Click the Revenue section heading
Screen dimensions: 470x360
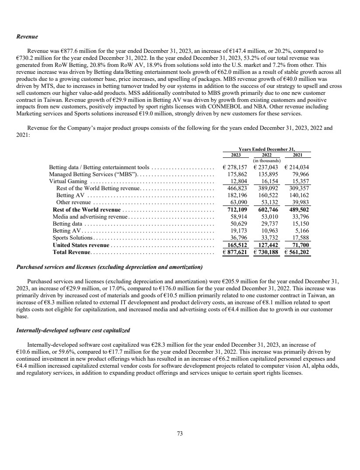pyautogui.click(x=27, y=37)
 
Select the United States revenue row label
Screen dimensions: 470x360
pyautogui.click(x=81, y=245)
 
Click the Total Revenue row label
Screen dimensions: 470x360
pyautogui.click(x=71, y=252)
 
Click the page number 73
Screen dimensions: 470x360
pyautogui.click(x=180, y=434)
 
